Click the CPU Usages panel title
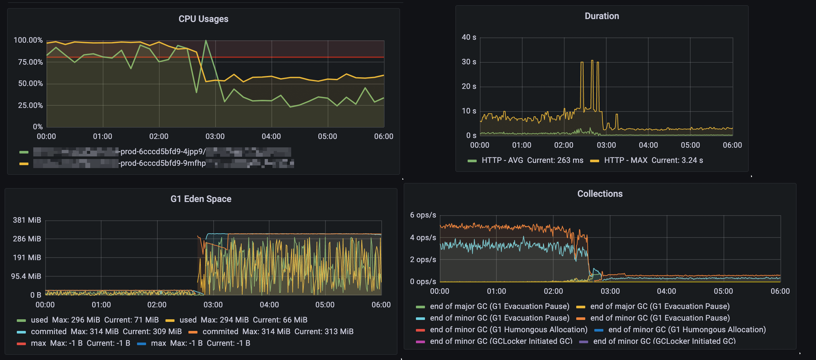203,19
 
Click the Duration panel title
602,16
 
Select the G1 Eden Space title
201,199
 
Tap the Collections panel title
600,194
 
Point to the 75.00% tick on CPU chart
30,62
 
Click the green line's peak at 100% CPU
206,41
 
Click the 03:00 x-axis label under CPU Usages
215,137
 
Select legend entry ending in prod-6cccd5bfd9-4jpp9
163,152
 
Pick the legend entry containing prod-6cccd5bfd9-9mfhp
163,164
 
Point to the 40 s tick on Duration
469,37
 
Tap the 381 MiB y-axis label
27,220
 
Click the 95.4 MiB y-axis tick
26,277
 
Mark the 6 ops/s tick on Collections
423,215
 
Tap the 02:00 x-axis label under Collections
553,291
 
